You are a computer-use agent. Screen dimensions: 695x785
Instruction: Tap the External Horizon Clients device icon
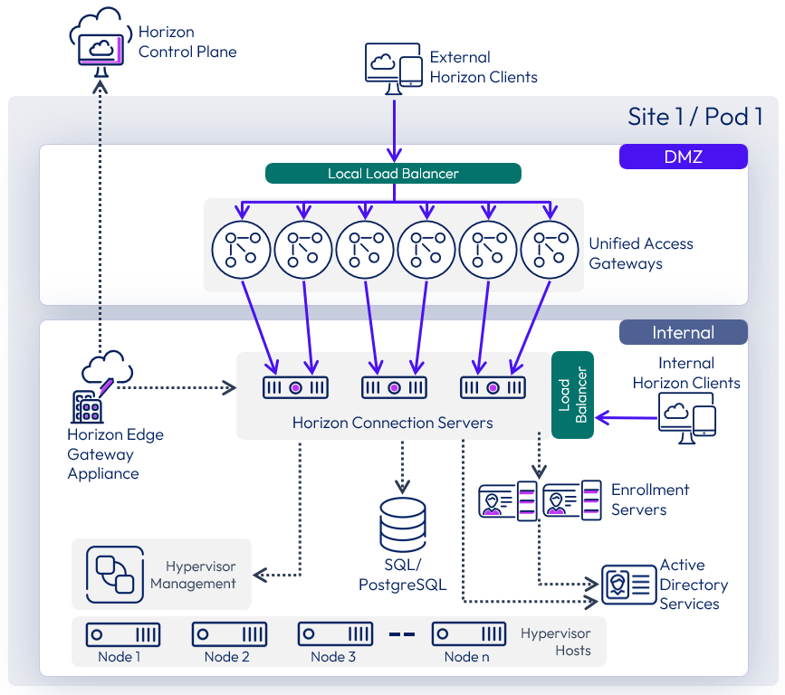pos(394,67)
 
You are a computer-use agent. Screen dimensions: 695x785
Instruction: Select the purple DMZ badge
pos(683,157)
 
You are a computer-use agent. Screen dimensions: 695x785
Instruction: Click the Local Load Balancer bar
pos(393,174)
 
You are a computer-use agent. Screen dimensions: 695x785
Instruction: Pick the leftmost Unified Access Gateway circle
pos(242,250)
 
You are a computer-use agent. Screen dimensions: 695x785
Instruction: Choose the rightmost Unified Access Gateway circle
pos(550,250)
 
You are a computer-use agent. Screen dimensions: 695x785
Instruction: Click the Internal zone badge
pos(683,332)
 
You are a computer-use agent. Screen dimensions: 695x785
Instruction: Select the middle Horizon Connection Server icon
pos(394,387)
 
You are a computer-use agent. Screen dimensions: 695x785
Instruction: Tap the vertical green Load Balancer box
pos(572,395)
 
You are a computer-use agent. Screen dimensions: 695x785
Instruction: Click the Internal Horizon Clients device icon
pos(688,419)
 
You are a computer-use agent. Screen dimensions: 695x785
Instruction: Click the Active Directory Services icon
pos(629,585)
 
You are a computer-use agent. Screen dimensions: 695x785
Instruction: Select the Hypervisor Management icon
pos(115,575)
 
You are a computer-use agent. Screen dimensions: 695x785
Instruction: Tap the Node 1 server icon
pos(123,633)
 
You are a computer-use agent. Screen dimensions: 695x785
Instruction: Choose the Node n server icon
pos(469,633)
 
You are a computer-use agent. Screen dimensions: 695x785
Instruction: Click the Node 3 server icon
pos(335,633)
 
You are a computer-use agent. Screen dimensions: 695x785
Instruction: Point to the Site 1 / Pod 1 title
pos(694,117)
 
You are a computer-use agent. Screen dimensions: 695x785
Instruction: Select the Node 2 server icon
pos(229,633)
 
